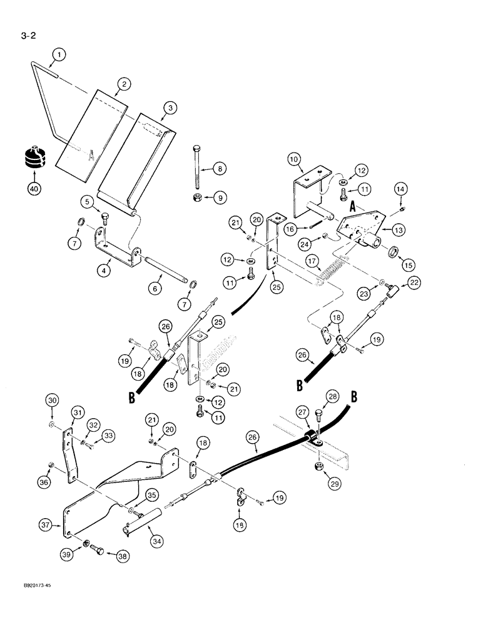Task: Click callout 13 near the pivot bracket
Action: pos(397,230)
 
